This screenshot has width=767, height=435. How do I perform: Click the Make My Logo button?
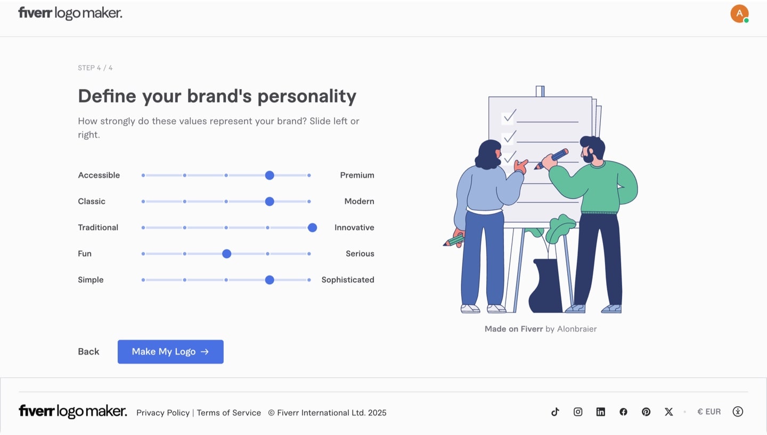[170, 352]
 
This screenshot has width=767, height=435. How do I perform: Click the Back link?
[88, 352]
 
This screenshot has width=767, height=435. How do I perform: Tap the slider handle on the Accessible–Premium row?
[270, 175]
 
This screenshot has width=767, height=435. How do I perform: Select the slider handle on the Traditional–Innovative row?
[313, 228]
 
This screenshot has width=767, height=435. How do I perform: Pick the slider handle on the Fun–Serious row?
[227, 254]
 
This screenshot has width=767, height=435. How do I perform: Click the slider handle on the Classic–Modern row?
[270, 202]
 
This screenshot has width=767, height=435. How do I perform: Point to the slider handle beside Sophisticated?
[270, 280]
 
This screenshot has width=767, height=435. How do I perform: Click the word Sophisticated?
[347, 280]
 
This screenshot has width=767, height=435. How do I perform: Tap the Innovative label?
[354, 228]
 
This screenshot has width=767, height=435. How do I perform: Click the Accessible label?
[99, 175]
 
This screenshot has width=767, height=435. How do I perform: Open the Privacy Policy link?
[163, 413]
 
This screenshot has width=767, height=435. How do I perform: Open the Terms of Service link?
[229, 413]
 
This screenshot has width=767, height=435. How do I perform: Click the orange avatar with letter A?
[739, 13]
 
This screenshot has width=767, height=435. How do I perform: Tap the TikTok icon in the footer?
[555, 412]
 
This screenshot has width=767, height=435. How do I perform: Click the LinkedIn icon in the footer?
[601, 412]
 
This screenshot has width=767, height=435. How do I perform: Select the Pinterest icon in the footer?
[646, 412]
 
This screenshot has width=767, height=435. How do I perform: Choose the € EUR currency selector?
[709, 412]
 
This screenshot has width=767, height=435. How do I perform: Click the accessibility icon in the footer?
[738, 412]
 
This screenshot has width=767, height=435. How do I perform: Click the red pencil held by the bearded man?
[553, 158]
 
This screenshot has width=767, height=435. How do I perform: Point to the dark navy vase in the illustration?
[544, 288]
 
